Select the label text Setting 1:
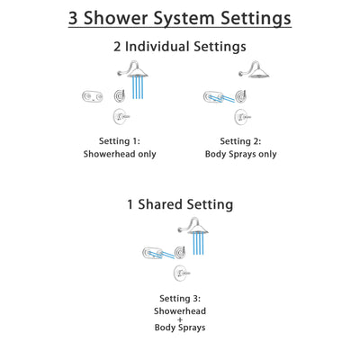(x=119, y=139)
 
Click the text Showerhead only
(x=119, y=154)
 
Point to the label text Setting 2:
(x=240, y=139)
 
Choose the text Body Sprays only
(x=240, y=154)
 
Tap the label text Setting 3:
(x=179, y=297)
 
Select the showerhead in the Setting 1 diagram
(x=137, y=74)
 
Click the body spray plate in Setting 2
(x=215, y=96)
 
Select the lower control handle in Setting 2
(x=241, y=117)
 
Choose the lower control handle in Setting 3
(x=180, y=272)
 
